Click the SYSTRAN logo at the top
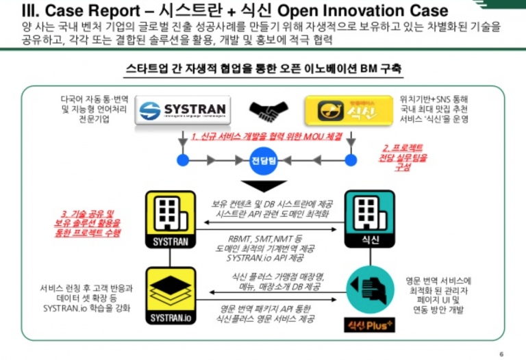(x=183, y=110)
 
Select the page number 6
(x=502, y=353)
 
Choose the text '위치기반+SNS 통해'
(x=427, y=99)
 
